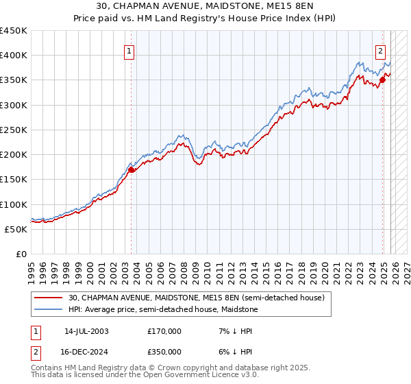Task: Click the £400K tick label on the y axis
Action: [14, 56]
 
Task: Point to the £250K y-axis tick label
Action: [14, 130]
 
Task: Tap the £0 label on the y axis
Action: [21, 254]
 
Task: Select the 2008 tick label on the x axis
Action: [184, 268]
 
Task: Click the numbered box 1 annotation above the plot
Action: [130, 50]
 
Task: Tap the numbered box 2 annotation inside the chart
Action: [381, 50]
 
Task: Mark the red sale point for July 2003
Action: [131, 169]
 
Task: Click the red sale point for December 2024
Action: [382, 80]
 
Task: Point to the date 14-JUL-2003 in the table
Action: [86, 331]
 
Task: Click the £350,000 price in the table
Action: [164, 351]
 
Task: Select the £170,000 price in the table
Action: [164, 331]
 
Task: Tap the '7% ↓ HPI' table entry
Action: [229, 331]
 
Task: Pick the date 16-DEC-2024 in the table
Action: [86, 351]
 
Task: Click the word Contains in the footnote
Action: [47, 368]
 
